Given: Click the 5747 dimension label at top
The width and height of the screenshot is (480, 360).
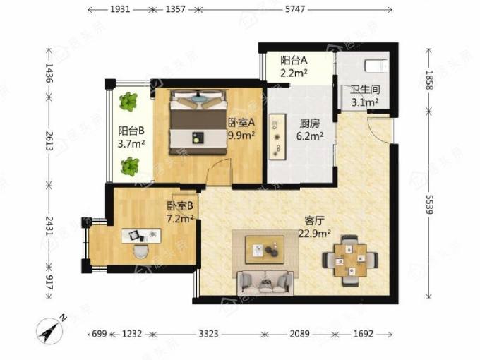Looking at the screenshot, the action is (295, 9).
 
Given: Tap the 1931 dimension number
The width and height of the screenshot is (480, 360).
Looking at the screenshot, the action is (120, 9).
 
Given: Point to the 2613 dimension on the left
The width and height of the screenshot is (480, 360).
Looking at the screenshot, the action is (49, 140).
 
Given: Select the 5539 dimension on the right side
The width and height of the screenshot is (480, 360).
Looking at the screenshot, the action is (429, 205).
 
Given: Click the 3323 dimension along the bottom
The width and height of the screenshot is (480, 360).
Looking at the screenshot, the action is (209, 333).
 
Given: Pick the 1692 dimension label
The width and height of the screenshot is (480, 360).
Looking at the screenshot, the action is (364, 333).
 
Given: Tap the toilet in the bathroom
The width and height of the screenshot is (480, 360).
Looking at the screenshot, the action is (376, 65).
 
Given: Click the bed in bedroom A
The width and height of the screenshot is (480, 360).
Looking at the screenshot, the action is (198, 122).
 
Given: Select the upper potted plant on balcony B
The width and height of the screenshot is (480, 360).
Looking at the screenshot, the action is (128, 102).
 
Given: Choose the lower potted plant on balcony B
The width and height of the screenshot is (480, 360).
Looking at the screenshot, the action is (131, 167).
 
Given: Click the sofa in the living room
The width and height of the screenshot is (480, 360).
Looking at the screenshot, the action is (265, 283).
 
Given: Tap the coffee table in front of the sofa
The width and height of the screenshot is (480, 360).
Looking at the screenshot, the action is (265, 249).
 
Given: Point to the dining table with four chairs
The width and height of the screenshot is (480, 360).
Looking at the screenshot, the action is (350, 260).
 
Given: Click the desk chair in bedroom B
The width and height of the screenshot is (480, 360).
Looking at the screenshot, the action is (141, 251).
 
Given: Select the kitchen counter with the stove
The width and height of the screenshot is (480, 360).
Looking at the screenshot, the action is (277, 136).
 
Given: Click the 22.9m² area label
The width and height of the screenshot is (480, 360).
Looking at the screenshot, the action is (315, 234).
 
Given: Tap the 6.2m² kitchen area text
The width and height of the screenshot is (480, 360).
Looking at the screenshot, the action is (310, 136).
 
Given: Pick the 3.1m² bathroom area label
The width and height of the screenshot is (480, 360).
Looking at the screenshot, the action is (365, 102).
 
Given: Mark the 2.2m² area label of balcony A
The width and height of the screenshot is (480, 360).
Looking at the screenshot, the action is (294, 73).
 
